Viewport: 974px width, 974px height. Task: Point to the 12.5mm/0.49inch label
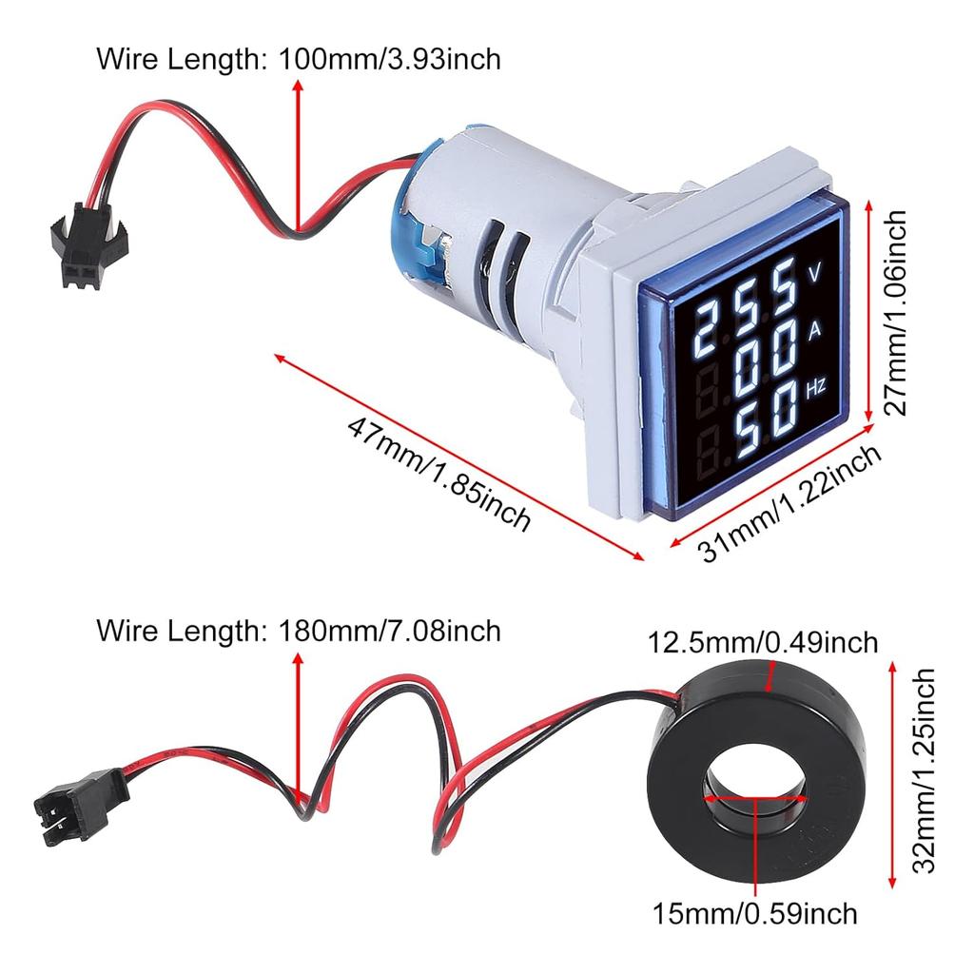pyautogui.click(x=763, y=643)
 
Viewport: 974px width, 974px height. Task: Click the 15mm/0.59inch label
pyautogui.click(x=754, y=914)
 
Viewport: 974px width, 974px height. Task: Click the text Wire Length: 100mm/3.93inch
pyautogui.click(x=298, y=59)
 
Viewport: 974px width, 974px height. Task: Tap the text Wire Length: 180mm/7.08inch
pyautogui.click(x=298, y=630)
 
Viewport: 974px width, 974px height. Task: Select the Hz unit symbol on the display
pyautogui.click(x=815, y=388)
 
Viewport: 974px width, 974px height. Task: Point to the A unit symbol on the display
pyautogui.click(x=814, y=331)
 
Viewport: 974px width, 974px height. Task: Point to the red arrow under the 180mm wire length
pyautogui.click(x=300, y=728)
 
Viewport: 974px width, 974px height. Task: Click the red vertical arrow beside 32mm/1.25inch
pyautogui.click(x=892, y=771)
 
